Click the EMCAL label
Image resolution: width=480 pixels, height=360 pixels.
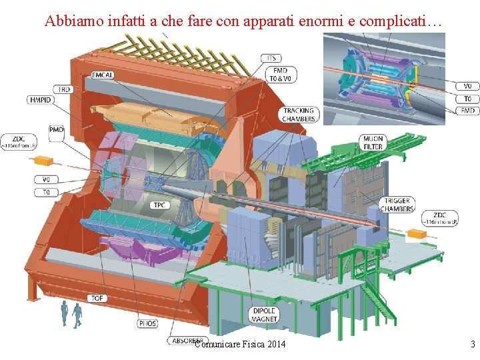103,75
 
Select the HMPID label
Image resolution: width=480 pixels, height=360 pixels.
40,100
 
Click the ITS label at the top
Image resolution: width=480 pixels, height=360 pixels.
271,58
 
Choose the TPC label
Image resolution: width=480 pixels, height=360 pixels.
159,205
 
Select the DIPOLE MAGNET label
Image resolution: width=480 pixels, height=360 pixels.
264,315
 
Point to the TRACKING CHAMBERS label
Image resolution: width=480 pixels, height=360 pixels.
298,115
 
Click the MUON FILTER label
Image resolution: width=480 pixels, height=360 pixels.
373,143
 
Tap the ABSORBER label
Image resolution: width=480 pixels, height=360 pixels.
185,340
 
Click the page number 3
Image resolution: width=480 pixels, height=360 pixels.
473,344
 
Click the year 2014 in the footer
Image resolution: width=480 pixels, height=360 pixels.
275,344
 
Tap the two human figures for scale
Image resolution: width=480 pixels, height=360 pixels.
71,315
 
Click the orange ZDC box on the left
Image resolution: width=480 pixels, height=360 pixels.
43,161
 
